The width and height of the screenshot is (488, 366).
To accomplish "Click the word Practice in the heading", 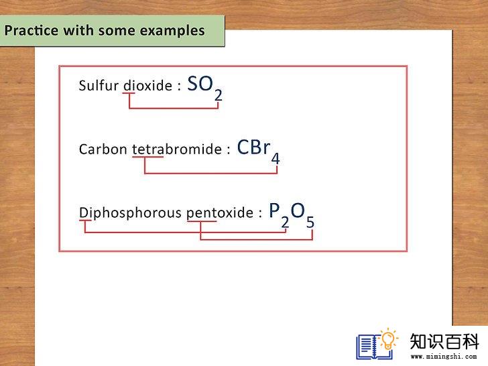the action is click(x=31, y=31).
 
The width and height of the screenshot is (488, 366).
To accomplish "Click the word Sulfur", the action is click(x=99, y=86).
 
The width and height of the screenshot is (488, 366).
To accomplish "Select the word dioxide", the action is click(x=148, y=86).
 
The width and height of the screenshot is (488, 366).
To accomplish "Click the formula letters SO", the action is click(x=200, y=83).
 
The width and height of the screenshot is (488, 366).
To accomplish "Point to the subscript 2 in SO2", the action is click(x=218, y=95).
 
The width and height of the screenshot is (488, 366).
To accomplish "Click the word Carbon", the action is click(x=103, y=149).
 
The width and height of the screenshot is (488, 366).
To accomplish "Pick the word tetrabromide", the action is click(x=177, y=149).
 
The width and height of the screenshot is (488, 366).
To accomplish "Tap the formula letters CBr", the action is click(x=253, y=147).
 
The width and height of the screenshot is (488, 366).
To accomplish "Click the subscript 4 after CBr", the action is click(x=276, y=159).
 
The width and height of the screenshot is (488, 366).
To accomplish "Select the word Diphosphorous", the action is click(x=130, y=213).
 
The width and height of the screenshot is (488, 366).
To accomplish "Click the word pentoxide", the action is click(x=220, y=213).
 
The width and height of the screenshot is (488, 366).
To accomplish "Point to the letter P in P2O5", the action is click(x=275, y=210).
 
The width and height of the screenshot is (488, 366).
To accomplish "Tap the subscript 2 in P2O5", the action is click(x=285, y=223).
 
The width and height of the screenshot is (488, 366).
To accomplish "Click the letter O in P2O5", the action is click(x=298, y=210).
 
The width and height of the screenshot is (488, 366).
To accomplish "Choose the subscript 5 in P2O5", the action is click(x=310, y=223).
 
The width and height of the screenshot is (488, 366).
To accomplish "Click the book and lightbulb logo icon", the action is click(x=377, y=344).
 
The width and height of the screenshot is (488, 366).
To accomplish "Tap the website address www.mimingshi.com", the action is click(x=444, y=357).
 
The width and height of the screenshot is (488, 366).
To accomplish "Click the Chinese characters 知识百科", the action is click(x=444, y=341).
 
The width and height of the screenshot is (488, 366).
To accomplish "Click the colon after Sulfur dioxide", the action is click(x=179, y=86).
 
